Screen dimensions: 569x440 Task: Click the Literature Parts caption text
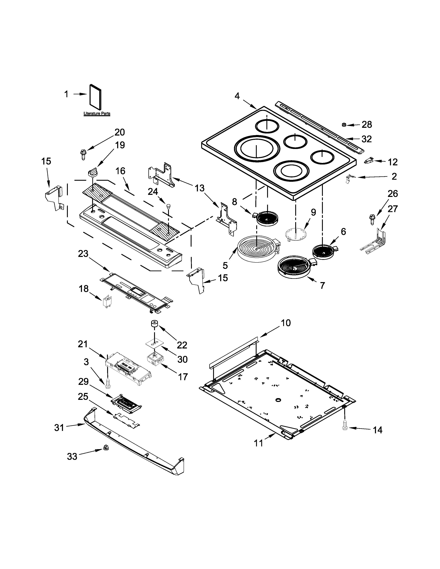97,114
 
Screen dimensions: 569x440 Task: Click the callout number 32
366,139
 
